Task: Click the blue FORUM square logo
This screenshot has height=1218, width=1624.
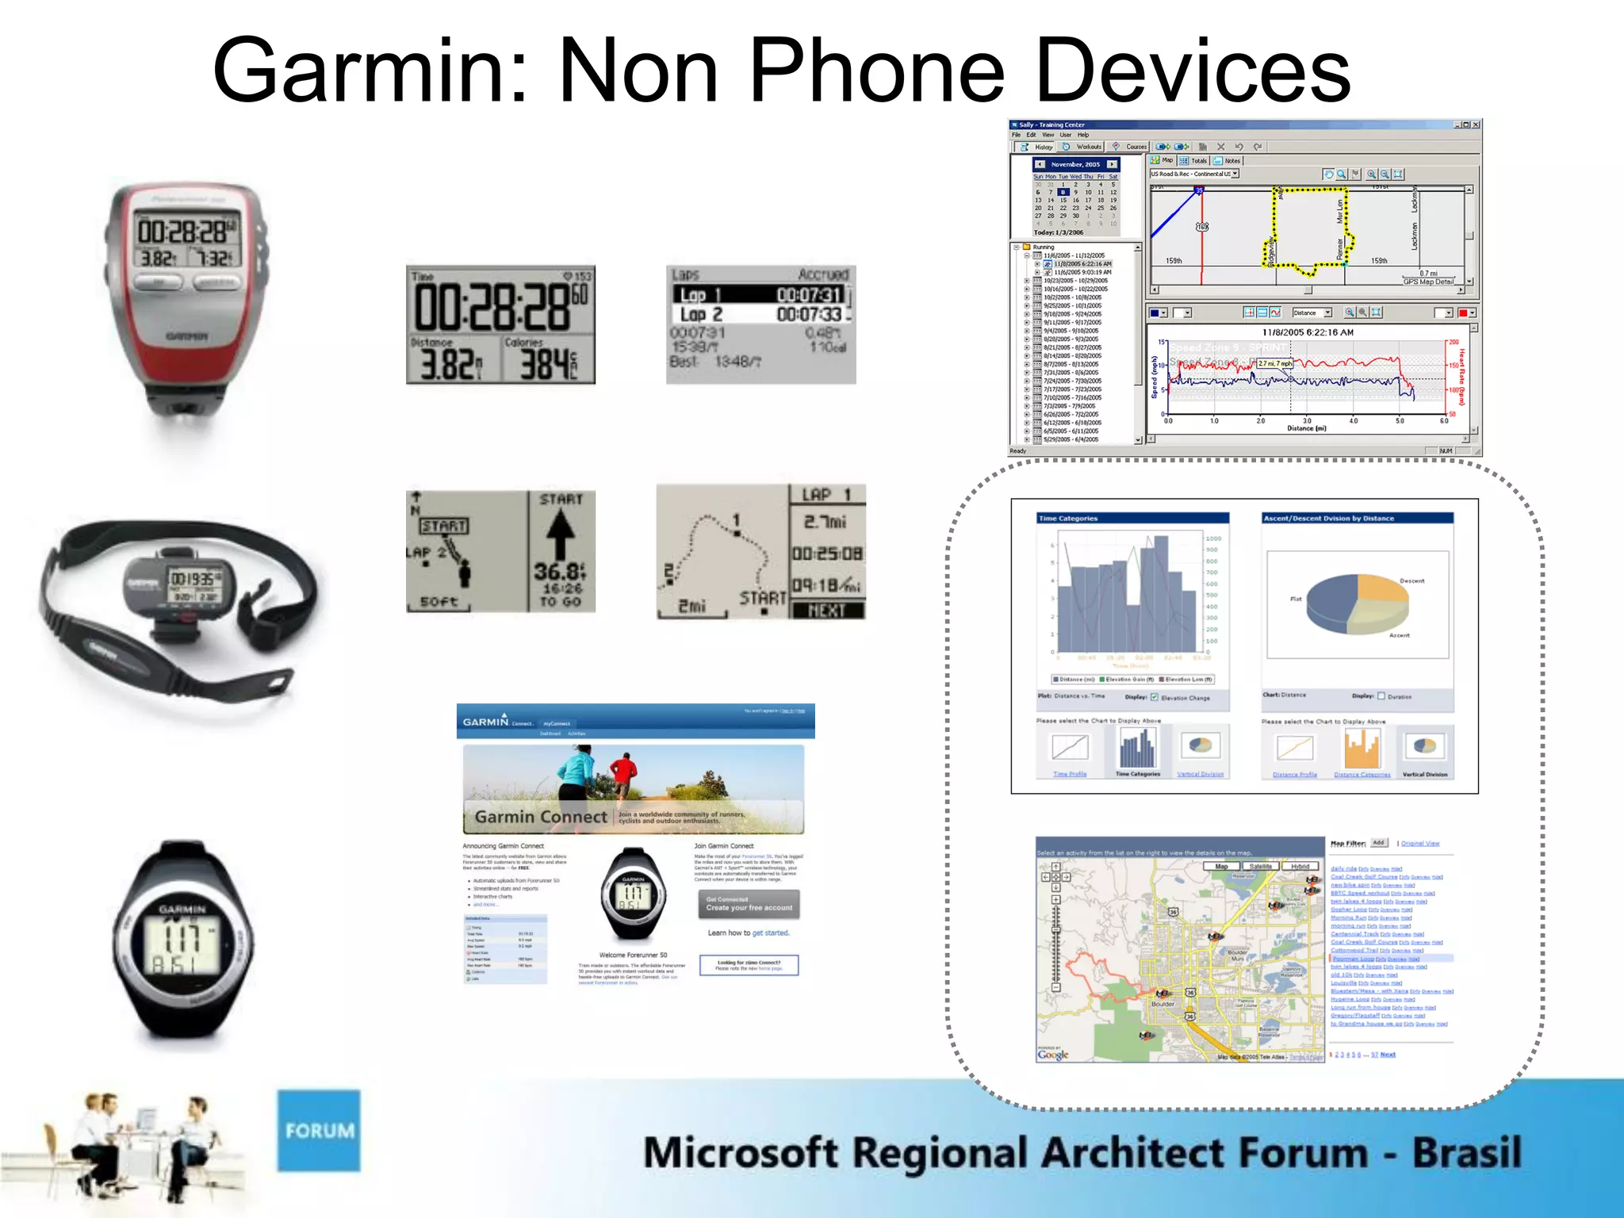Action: pyautogui.click(x=319, y=1130)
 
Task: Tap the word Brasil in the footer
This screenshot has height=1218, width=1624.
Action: pyautogui.click(x=1466, y=1152)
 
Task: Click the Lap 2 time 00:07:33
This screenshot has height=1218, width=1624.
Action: pyautogui.click(x=808, y=315)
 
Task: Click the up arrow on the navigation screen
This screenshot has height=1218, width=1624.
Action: pyautogui.click(x=560, y=534)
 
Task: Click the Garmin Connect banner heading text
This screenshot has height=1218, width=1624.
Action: pyautogui.click(x=541, y=817)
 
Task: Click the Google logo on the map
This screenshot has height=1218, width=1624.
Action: pyautogui.click(x=1053, y=1054)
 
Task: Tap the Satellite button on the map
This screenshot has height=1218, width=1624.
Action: pyautogui.click(x=1260, y=867)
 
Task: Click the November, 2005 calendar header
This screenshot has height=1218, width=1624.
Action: pyautogui.click(x=1075, y=164)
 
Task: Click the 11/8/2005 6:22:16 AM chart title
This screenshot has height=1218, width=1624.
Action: pyautogui.click(x=1308, y=332)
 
